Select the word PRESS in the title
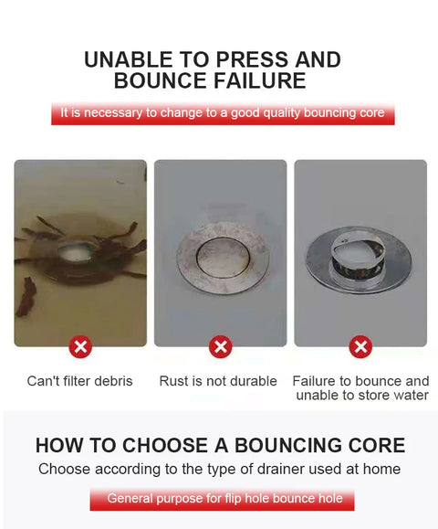click(251, 59)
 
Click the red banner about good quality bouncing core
click(223, 113)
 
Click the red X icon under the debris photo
click(80, 347)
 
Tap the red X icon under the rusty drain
click(220, 347)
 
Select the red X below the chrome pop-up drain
click(360, 347)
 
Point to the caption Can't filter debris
click(80, 381)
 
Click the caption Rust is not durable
click(218, 381)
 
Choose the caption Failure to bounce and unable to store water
click(360, 388)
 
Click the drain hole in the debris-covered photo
click(77, 251)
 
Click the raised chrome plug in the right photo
click(359, 256)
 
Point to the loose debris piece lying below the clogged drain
click(26, 297)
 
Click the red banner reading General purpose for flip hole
click(222, 500)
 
